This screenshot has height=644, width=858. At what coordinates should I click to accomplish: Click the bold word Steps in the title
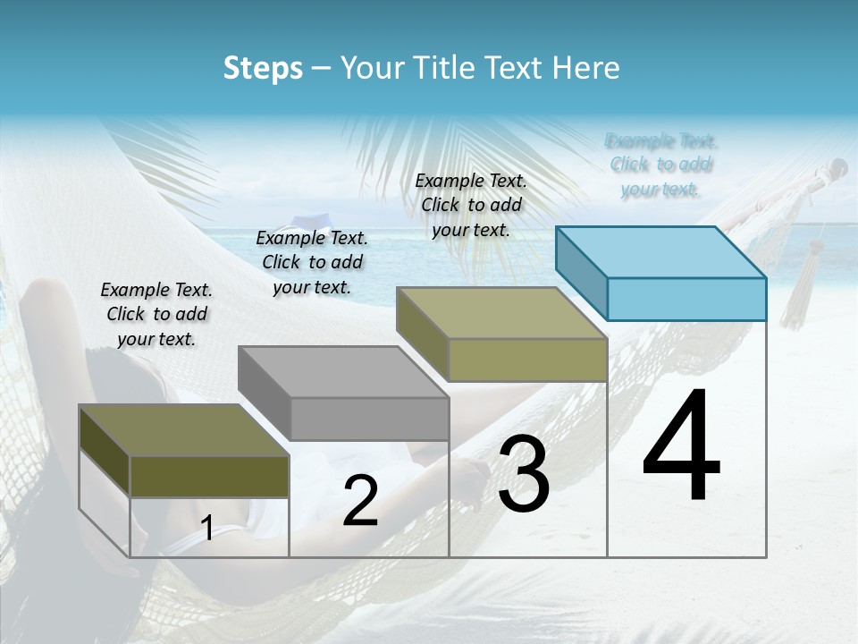(263, 68)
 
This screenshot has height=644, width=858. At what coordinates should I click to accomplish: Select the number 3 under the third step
(524, 476)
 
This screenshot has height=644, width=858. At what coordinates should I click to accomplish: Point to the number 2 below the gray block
(360, 502)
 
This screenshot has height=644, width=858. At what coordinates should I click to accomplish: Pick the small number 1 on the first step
(206, 529)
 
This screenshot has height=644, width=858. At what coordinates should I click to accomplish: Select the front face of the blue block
(686, 299)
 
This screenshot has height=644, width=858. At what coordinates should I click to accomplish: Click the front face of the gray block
(369, 419)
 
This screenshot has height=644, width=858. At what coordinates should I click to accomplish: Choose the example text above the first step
(156, 314)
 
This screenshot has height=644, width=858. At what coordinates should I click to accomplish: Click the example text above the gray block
(312, 262)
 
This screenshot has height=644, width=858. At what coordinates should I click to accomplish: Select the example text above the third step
(471, 205)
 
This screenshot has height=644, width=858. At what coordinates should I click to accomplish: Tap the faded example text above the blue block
(660, 165)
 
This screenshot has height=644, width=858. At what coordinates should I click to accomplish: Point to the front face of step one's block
(209, 476)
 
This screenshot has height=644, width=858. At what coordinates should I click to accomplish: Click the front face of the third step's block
(527, 360)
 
